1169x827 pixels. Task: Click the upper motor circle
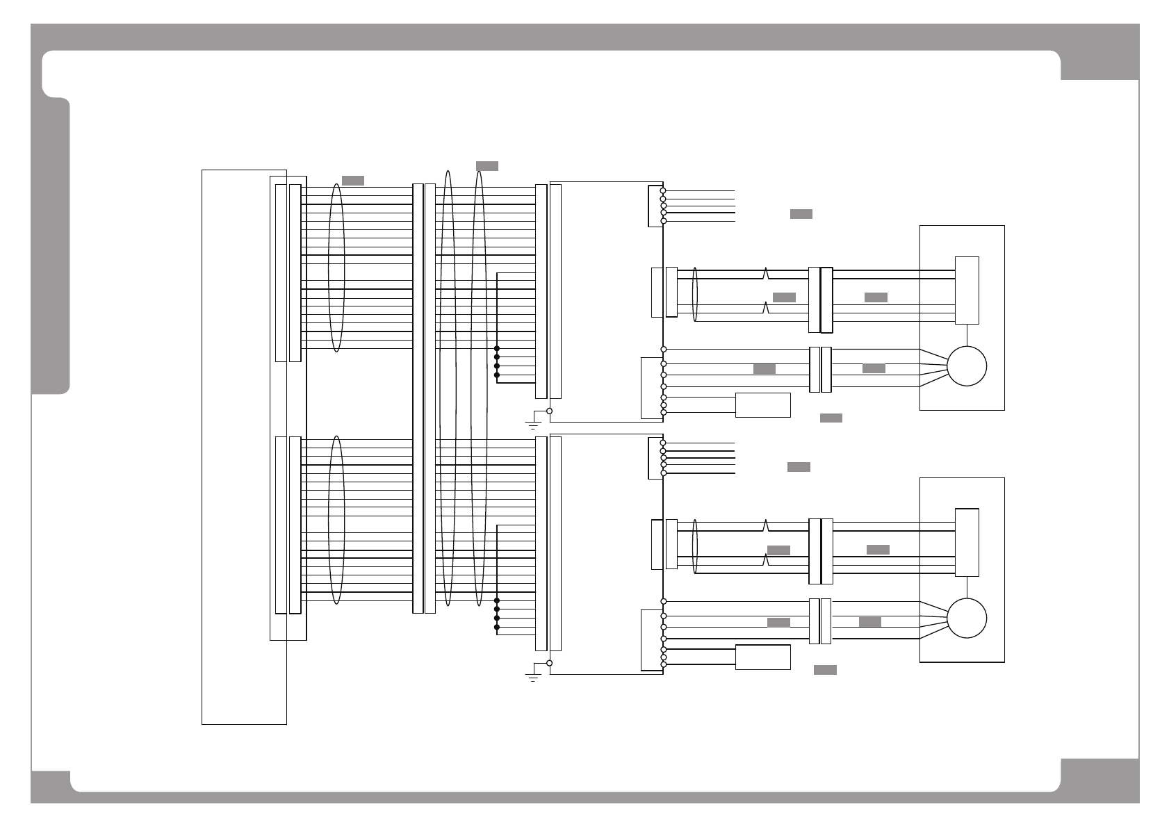pos(967,366)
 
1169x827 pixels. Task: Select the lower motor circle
pos(967,618)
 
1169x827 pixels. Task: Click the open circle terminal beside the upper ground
pos(549,411)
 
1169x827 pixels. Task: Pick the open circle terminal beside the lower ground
pos(549,663)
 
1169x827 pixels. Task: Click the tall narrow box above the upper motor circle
pos(967,290)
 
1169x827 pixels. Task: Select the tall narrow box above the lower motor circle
pos(967,543)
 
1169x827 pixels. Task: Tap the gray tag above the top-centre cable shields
pos(487,166)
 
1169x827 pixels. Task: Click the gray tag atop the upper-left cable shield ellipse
pos(353,181)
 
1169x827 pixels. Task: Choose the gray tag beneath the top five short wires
pos(801,214)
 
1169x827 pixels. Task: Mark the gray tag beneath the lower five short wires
pos(799,467)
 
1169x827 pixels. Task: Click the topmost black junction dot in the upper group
pos(497,348)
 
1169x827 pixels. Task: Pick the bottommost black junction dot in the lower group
pos(497,627)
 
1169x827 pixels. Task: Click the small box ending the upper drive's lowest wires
pos(762,405)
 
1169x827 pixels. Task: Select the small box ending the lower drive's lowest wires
pos(762,657)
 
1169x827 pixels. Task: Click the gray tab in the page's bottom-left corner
pos(50,785)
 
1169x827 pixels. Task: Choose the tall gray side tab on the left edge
pos(50,247)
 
